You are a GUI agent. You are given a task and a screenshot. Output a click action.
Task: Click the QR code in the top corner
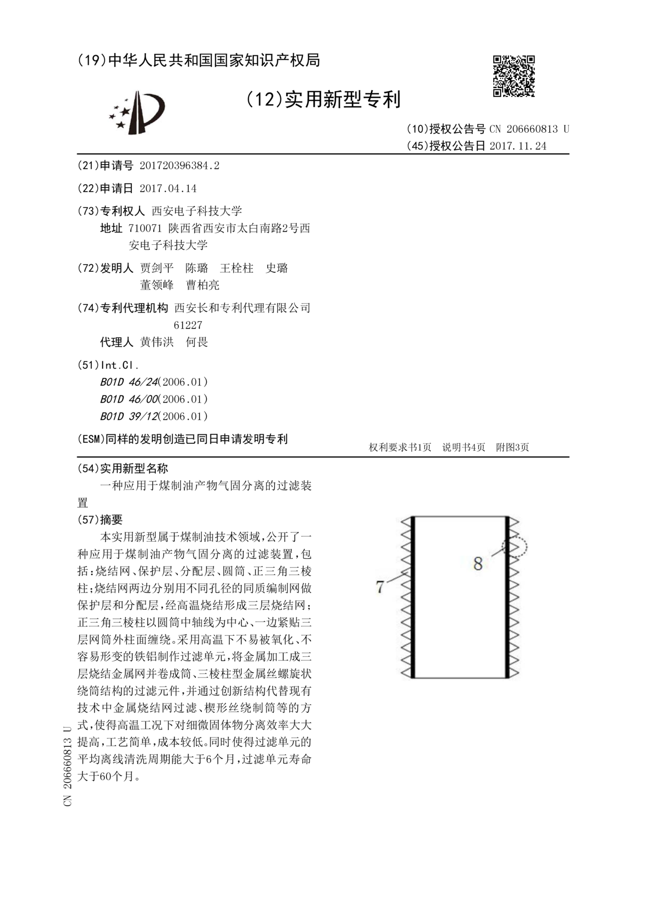514,76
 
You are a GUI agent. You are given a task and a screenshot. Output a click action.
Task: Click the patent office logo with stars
136,112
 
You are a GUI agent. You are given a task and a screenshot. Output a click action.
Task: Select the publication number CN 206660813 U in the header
529,129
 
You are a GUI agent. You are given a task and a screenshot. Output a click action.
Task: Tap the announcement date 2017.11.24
518,146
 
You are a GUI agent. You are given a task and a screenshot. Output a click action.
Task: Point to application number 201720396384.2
179,166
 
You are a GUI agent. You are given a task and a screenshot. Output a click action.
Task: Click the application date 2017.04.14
168,188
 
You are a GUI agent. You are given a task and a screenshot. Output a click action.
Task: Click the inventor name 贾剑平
157,268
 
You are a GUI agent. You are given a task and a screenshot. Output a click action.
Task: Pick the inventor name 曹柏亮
203,285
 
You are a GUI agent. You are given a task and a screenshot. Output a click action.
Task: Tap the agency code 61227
188,325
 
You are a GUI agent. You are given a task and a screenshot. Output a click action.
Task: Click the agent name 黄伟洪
157,342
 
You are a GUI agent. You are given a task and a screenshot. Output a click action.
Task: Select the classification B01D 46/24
129,382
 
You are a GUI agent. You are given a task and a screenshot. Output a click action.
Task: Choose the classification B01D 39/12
129,416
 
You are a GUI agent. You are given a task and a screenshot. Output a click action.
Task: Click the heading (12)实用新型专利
323,99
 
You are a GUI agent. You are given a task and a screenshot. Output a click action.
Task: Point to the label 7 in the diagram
380,587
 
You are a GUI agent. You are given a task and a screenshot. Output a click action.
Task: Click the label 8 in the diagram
478,563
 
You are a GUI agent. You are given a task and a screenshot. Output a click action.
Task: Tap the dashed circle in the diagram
515,548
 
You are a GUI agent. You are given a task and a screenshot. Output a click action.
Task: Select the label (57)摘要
100,519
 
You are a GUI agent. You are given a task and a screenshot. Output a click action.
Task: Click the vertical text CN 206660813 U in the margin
68,766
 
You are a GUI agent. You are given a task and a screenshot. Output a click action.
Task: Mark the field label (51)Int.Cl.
108,365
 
